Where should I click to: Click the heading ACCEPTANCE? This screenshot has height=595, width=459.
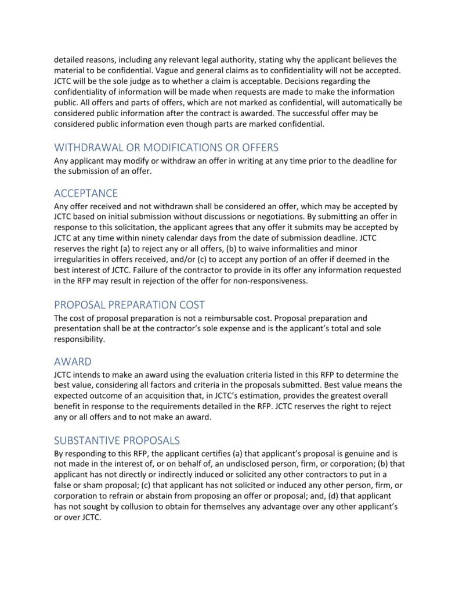point(86,193)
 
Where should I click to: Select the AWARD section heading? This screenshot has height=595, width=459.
point(73,361)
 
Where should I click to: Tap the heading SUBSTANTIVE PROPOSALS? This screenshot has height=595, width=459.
point(117,440)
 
